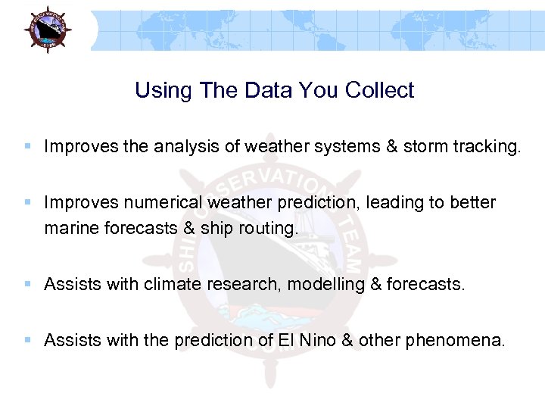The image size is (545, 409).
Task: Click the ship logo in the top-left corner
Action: tap(46, 30)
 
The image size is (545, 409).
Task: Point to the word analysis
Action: tap(187, 146)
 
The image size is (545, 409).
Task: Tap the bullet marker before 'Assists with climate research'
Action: tap(28, 285)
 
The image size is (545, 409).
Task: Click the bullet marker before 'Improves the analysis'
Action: tap(28, 146)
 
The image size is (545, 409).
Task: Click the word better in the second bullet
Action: tap(473, 202)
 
